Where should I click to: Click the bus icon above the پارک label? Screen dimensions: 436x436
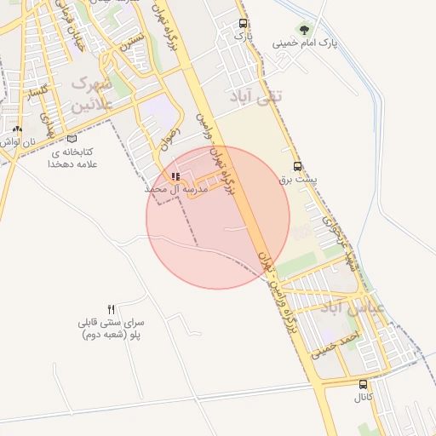244,24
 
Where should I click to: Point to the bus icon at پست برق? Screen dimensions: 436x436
297,166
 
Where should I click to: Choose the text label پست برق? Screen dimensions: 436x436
297,180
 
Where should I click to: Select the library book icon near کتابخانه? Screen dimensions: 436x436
72,138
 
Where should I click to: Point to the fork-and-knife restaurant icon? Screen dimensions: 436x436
111,310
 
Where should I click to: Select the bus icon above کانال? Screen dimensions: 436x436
364,384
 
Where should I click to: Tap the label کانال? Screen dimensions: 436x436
364,398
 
